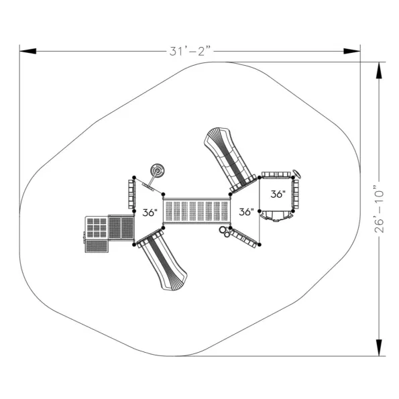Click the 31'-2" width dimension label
click(x=190, y=51)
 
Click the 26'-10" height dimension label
click(x=379, y=209)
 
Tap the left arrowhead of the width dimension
click(x=27, y=51)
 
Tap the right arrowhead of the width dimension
click(x=352, y=51)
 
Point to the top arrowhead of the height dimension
click(x=379, y=70)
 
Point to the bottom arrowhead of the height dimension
click(x=379, y=347)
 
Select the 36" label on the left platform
click(x=150, y=213)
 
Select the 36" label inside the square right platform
click(x=278, y=194)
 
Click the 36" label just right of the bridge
click(x=246, y=211)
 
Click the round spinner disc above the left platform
click(x=157, y=171)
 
